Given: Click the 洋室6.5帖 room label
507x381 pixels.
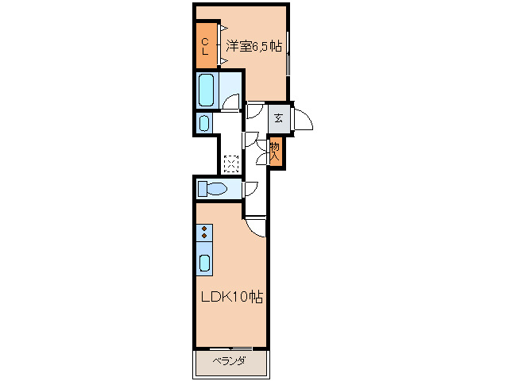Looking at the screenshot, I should (x=253, y=46).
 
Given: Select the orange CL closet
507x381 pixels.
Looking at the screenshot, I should (x=205, y=46).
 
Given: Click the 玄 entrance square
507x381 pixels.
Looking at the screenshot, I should (x=278, y=118).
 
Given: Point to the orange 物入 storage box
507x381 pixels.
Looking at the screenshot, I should (x=276, y=151).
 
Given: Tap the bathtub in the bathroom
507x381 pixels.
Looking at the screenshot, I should (x=207, y=90).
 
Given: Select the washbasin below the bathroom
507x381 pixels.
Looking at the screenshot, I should (x=204, y=123).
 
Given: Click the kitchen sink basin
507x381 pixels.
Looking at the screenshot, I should (x=205, y=263).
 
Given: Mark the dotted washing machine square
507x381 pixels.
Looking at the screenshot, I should (x=231, y=164).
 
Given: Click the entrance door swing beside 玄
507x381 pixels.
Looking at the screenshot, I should (x=304, y=119).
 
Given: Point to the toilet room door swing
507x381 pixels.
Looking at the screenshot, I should (x=250, y=189).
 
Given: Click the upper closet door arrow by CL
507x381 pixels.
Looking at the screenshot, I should (x=213, y=30).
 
